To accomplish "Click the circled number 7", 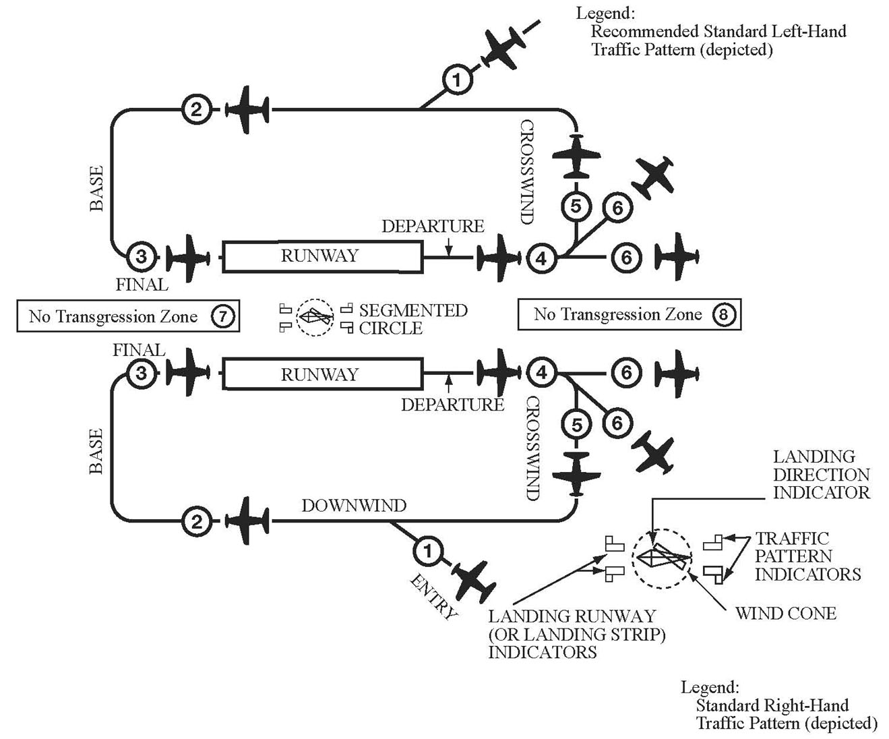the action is [x=222, y=316].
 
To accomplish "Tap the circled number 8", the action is [x=723, y=314].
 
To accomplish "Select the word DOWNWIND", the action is [x=355, y=506].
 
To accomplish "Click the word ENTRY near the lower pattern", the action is [x=433, y=597].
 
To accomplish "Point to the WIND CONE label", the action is [x=786, y=614].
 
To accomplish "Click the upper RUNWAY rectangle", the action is [x=323, y=256].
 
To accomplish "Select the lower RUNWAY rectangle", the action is [x=323, y=374].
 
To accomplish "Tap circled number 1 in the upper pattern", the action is [x=457, y=80].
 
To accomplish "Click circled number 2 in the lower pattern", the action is [x=197, y=521].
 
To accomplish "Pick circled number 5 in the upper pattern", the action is [x=576, y=206].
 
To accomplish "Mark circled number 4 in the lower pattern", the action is [x=542, y=373].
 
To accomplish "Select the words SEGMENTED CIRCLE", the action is [x=413, y=319].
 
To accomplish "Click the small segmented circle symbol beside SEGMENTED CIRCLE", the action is [x=315, y=318].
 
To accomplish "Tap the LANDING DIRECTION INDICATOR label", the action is [x=822, y=475].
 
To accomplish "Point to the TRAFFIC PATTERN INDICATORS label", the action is [x=808, y=556].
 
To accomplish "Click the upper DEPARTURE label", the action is [x=433, y=226].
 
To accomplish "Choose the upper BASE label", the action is [x=96, y=189].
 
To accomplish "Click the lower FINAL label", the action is [x=139, y=350].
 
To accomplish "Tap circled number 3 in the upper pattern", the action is [x=142, y=257].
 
